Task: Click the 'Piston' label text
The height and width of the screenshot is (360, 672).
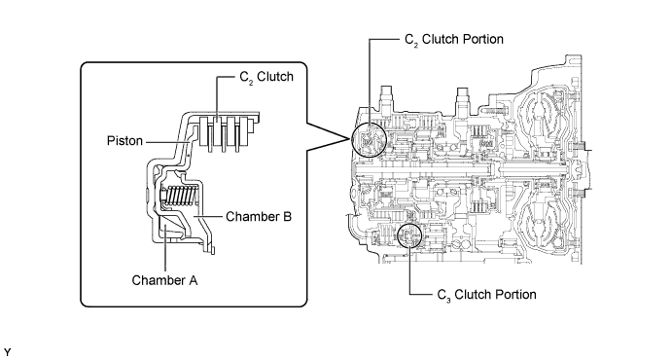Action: coord(124,140)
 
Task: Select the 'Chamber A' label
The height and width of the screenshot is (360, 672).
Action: coord(164,280)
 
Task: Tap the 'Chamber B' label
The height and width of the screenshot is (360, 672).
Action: coord(259,216)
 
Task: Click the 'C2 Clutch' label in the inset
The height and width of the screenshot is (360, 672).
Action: coord(266,77)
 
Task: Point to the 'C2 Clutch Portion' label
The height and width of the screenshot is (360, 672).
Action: coord(454,40)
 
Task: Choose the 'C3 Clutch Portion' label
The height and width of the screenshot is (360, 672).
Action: coord(486,295)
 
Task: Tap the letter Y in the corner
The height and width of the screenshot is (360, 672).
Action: coord(8,352)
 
